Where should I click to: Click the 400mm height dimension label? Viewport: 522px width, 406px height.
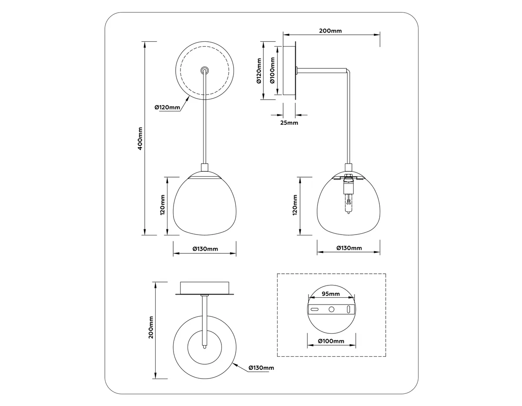click(x=140, y=139)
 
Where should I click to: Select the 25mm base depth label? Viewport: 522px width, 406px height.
click(x=289, y=123)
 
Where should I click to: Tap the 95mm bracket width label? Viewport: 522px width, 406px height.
click(x=331, y=294)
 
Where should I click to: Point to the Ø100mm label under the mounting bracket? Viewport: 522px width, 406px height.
click(x=331, y=341)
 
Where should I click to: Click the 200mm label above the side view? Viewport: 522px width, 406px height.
click(x=330, y=31)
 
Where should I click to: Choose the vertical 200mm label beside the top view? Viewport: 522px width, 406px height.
click(x=151, y=327)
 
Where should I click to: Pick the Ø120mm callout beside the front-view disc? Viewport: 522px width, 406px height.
click(x=167, y=107)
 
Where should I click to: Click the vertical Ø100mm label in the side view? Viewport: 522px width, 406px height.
click(x=272, y=70)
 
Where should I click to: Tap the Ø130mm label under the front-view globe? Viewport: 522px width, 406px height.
click(x=205, y=249)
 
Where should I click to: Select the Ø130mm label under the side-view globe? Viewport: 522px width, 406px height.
click(x=349, y=248)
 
